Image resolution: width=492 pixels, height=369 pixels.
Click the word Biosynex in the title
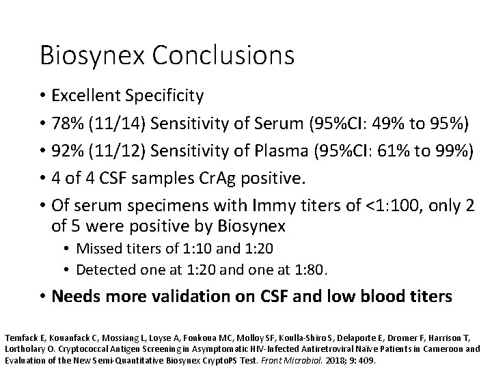pyautogui.click(x=87, y=55)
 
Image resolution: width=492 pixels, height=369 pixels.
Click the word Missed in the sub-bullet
pyautogui.click(x=97, y=248)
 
